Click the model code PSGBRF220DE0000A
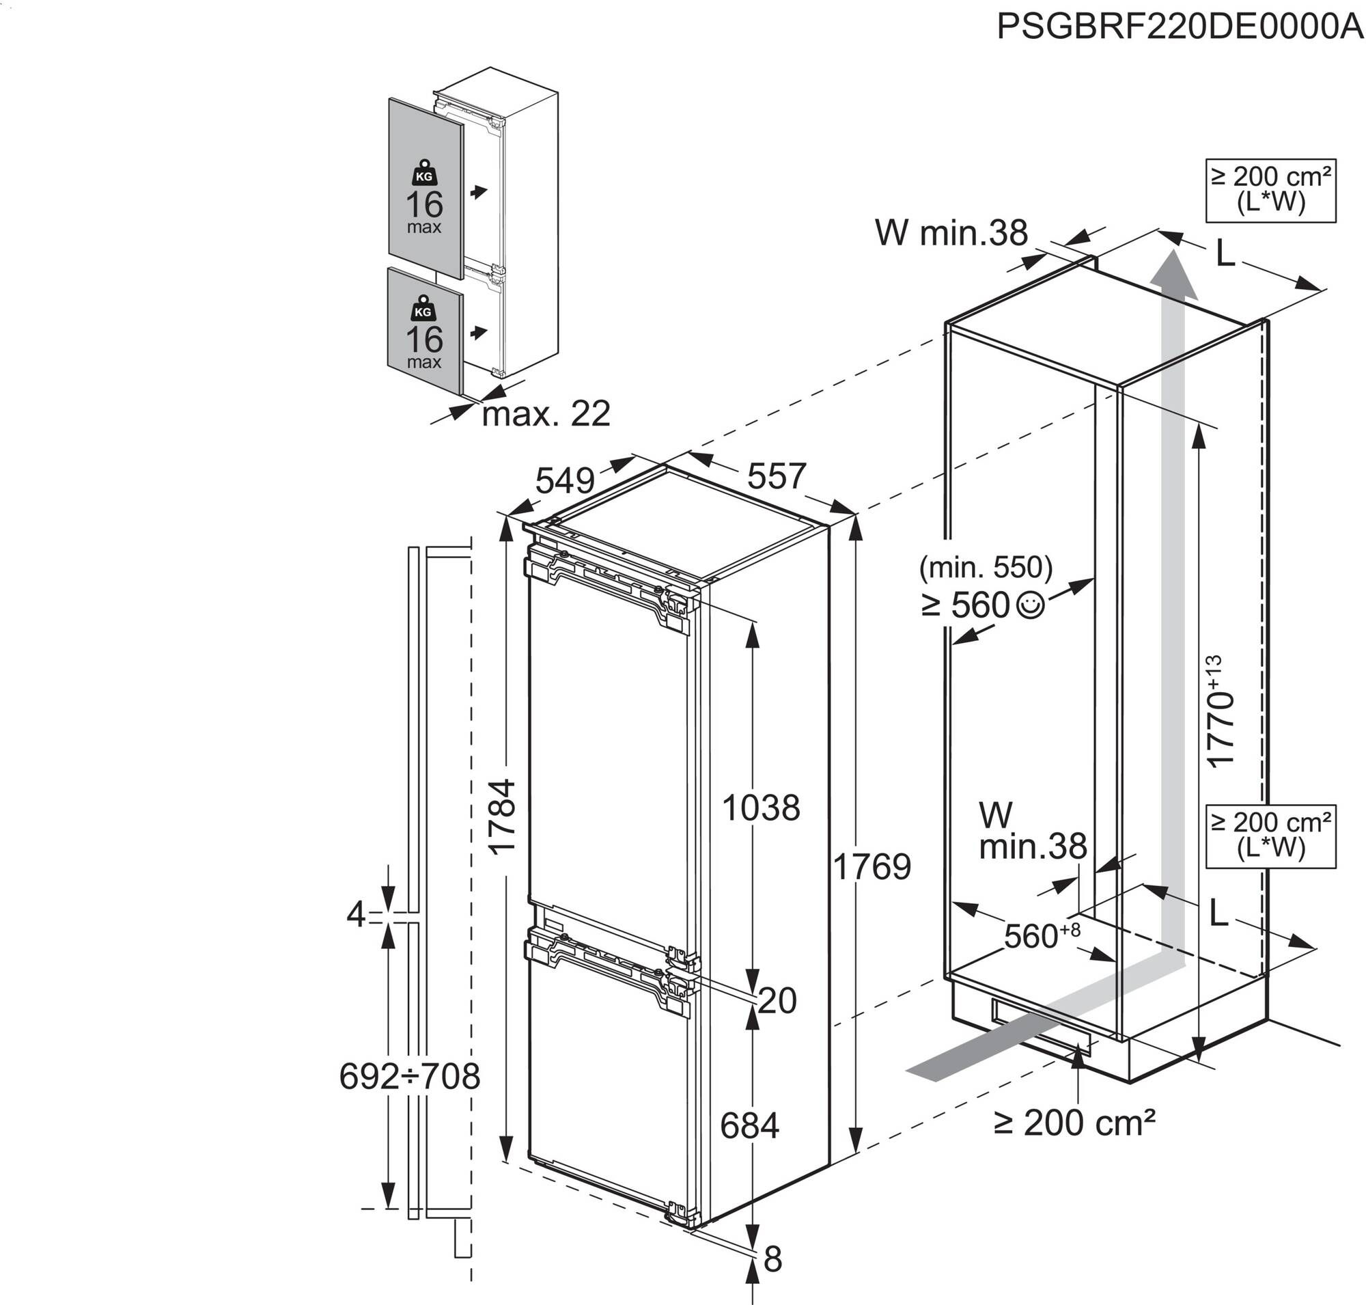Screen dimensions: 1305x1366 (1180, 28)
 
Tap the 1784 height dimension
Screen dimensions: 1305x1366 (501, 816)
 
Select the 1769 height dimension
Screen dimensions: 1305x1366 (872, 867)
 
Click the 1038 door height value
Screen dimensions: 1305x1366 (761, 808)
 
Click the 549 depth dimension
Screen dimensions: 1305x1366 (565, 480)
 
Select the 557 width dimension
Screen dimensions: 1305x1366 (776, 476)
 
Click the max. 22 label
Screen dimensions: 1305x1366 (546, 415)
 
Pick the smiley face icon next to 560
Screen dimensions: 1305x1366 (1030, 605)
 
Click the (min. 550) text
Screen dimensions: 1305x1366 (986, 568)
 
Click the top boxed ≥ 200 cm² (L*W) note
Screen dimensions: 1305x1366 (1270, 190)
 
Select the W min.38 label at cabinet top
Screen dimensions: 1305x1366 (951, 233)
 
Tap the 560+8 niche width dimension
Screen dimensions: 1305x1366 (1041, 935)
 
